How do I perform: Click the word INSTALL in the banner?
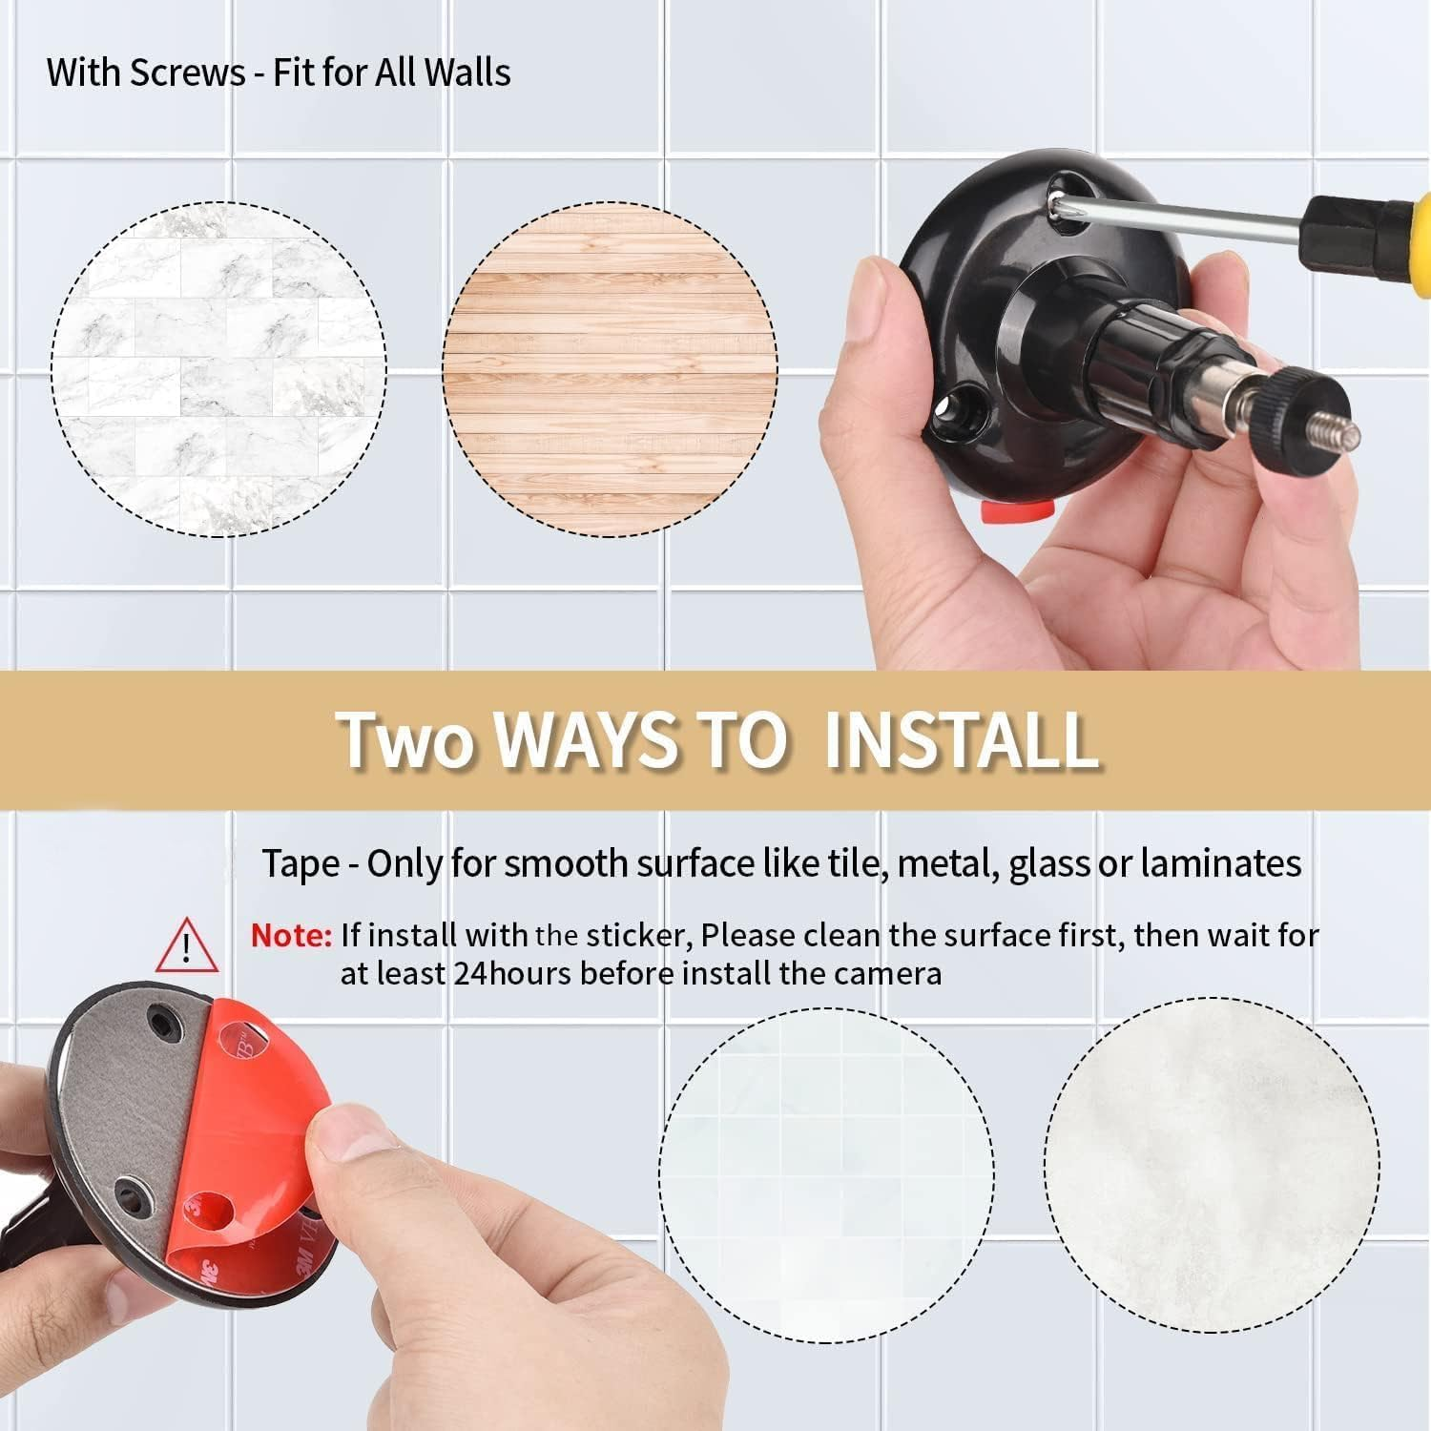tap(961, 738)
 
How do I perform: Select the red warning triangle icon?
tap(188, 944)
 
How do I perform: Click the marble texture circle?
tap(218, 369)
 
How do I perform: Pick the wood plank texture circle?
tap(610, 369)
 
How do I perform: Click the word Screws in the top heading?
tap(187, 73)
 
